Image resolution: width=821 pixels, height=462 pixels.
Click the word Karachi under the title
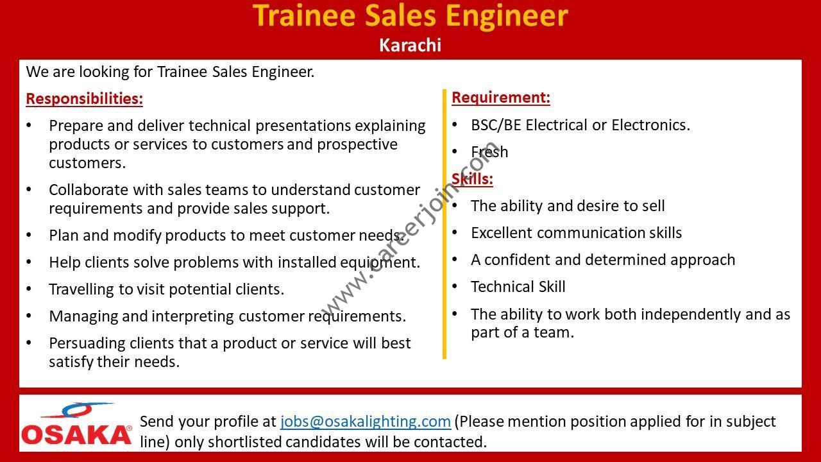[x=410, y=46]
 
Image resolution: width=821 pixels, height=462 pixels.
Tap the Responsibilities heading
[x=84, y=99]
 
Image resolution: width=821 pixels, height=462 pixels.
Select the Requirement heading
[x=501, y=98]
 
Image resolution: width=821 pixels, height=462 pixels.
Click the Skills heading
[x=472, y=179]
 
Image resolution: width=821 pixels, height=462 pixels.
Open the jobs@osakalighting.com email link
[x=366, y=422]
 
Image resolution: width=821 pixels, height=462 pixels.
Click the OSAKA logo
[x=76, y=425]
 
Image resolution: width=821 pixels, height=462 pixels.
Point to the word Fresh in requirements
[x=489, y=152]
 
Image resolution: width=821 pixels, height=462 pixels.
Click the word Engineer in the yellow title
[x=507, y=16]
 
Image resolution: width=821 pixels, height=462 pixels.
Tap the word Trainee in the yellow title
[x=304, y=15]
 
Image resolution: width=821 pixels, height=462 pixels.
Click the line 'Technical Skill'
[x=518, y=287]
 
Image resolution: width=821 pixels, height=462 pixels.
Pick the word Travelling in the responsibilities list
[x=81, y=289]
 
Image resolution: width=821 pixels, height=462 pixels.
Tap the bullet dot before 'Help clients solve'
[x=29, y=262]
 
